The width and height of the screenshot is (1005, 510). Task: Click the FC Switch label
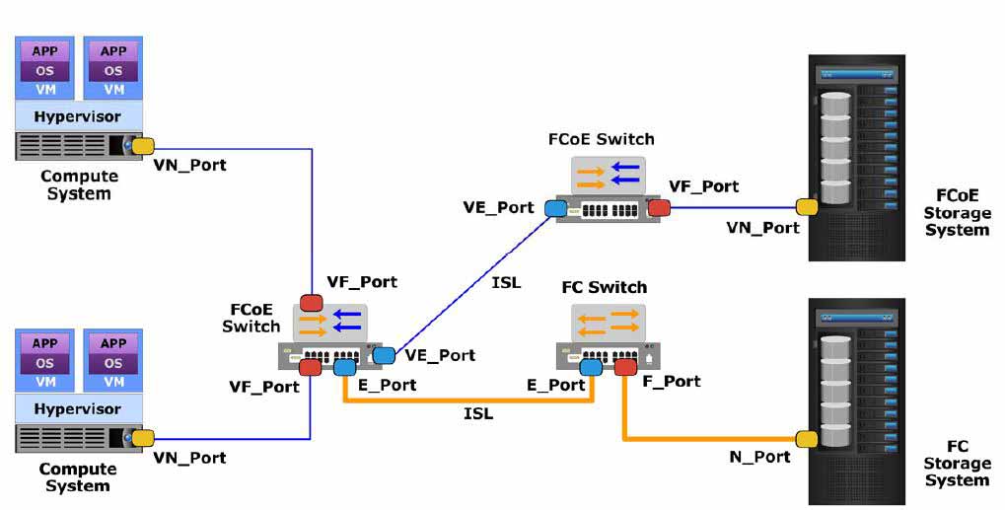(605, 287)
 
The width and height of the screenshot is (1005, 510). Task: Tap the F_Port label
(671, 381)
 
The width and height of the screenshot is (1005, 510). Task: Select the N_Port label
(759, 457)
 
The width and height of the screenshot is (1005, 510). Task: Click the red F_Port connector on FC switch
(625, 367)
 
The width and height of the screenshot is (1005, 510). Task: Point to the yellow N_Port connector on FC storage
(807, 439)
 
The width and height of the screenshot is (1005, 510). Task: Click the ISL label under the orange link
(478, 414)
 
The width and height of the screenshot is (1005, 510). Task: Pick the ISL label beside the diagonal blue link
(506, 282)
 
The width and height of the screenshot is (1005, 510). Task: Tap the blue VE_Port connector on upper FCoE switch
(555, 207)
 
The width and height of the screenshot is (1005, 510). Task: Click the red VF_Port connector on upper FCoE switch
(659, 207)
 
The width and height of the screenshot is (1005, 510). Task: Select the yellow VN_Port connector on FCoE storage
(807, 206)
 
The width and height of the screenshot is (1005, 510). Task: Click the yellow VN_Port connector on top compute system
(143, 145)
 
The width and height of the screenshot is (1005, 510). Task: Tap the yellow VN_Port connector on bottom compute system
(143, 438)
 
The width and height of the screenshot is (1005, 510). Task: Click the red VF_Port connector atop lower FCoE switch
(312, 303)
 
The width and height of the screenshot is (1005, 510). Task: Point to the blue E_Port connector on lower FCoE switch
(345, 367)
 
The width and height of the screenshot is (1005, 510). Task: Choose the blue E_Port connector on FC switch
(591, 367)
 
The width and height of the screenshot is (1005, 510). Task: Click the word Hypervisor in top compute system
(78, 116)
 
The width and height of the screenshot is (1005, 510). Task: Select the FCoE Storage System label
(957, 213)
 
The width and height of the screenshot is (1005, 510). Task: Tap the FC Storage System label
(957, 464)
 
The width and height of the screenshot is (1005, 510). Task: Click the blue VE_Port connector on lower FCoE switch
(384, 355)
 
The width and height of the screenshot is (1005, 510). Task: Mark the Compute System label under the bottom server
(78, 477)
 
